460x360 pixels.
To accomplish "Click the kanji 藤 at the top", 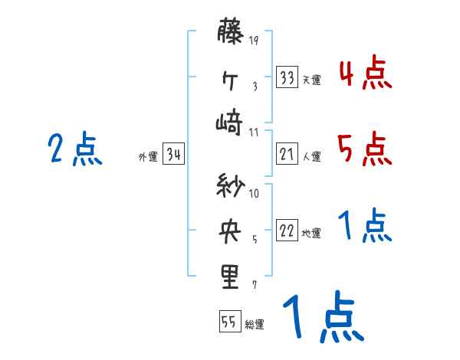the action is point(230,33).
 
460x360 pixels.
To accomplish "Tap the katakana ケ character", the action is point(230,77).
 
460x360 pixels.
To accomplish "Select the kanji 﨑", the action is point(230,122).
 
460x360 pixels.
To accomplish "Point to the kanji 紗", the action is point(230,186).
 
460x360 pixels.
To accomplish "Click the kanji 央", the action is point(230,231).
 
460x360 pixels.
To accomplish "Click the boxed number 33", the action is point(287,78).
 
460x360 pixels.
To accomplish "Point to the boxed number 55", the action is point(229,322).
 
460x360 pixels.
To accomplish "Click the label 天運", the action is point(311,80).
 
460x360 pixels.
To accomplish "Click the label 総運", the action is point(255,324).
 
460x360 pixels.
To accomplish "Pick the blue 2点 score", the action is point(74,149).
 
